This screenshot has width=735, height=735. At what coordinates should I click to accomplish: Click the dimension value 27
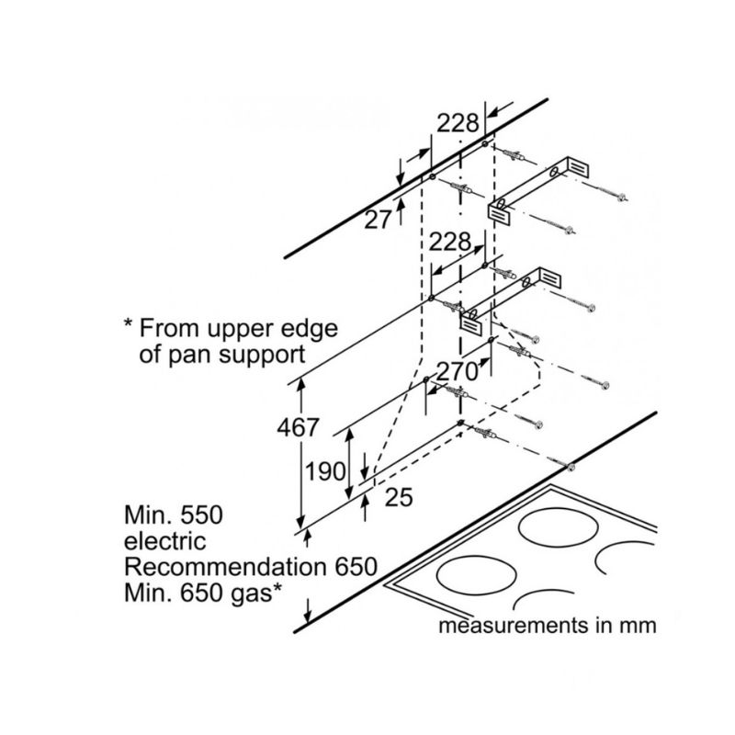click(x=378, y=220)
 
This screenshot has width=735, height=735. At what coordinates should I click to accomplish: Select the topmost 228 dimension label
click(x=458, y=123)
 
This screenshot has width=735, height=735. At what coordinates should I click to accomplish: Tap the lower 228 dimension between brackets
click(x=450, y=242)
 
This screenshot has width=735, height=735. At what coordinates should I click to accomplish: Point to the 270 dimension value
click(x=457, y=372)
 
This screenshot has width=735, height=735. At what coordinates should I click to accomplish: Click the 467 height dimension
click(x=298, y=427)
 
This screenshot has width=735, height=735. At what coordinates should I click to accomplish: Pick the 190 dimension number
click(x=325, y=470)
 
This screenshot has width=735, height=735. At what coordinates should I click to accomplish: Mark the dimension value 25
click(x=399, y=497)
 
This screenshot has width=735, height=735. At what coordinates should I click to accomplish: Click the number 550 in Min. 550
click(x=201, y=514)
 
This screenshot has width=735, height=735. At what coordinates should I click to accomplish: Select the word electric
click(x=165, y=541)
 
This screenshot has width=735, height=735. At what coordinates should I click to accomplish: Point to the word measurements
click(x=513, y=626)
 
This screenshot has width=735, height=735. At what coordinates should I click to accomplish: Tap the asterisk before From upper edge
click(x=128, y=323)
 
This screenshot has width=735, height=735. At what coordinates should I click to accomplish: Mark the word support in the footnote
click(x=262, y=356)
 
